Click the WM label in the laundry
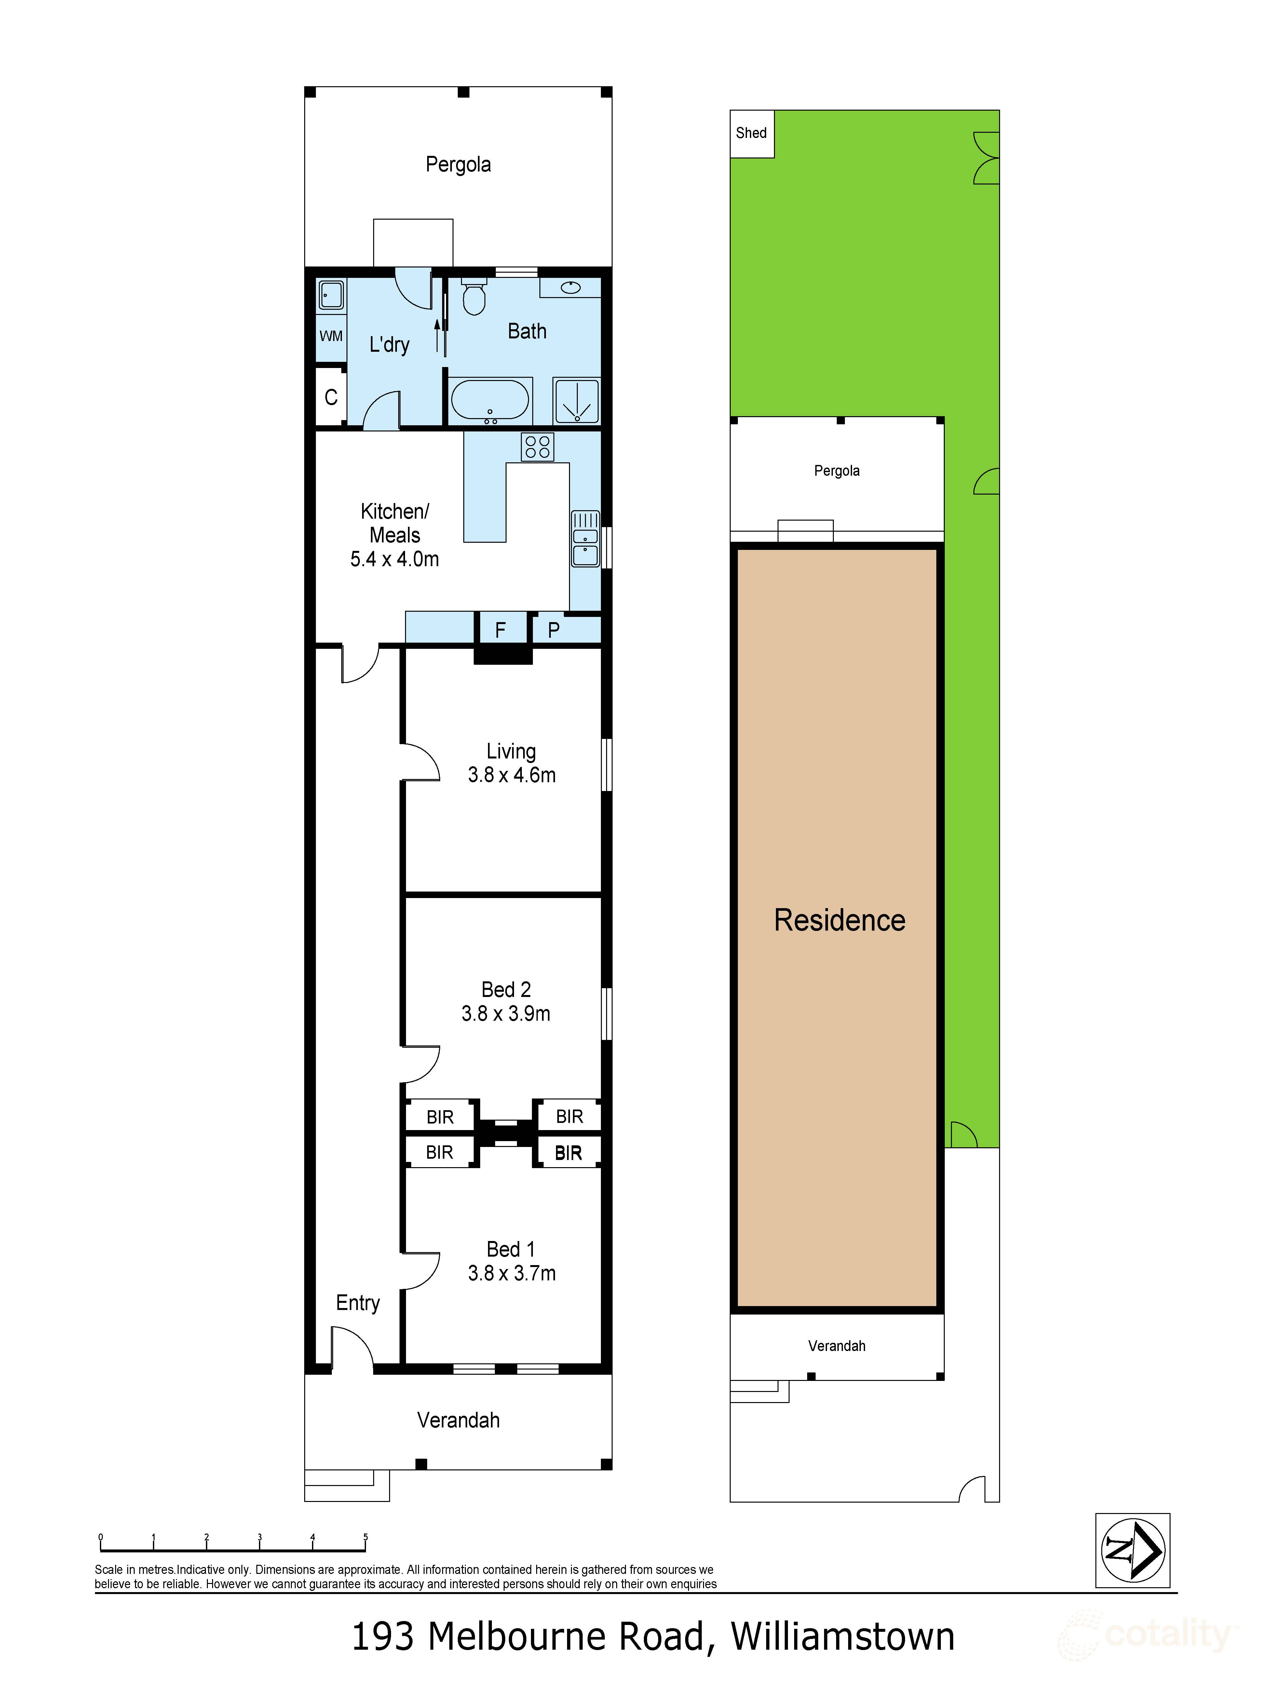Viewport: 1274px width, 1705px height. pyautogui.click(x=331, y=336)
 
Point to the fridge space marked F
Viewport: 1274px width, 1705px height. pyautogui.click(x=500, y=630)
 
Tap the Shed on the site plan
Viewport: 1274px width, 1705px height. pyautogui.click(x=752, y=133)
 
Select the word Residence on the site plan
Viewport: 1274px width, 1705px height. pyautogui.click(x=839, y=920)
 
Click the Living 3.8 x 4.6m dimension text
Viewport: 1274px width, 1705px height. pyautogui.click(x=511, y=775)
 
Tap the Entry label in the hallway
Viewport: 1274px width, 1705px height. pyautogui.click(x=358, y=1303)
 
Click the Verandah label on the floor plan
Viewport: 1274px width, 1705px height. pyautogui.click(x=458, y=1420)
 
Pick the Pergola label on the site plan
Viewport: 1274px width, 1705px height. pyautogui.click(x=836, y=471)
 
